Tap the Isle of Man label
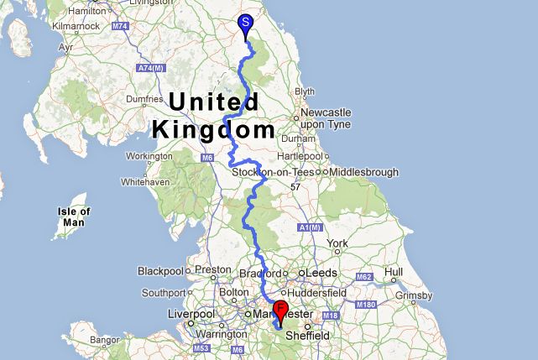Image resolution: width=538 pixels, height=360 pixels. click(75, 217)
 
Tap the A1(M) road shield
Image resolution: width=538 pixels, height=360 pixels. click(310, 227)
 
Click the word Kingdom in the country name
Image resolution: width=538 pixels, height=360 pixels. click(213, 130)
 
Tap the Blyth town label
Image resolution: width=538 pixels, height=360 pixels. click(304, 91)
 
